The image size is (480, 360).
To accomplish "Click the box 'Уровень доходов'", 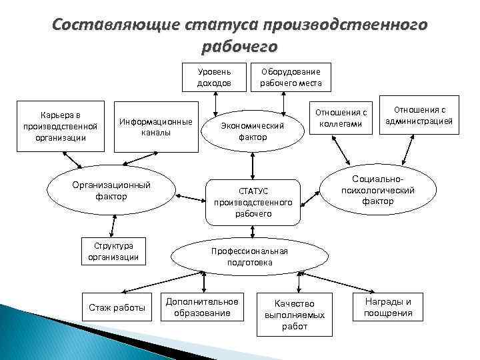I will [x=214, y=77].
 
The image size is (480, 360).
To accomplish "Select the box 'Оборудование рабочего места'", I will [x=291, y=77].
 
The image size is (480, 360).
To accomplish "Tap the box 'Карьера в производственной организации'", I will [x=60, y=122].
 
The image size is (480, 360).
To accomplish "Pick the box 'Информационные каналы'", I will [x=156, y=127].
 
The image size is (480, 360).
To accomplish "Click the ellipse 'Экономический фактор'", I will [x=253, y=130].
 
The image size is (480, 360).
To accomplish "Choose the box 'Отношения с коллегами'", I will [x=341, y=118].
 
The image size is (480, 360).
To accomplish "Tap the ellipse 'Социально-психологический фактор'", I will [x=378, y=190].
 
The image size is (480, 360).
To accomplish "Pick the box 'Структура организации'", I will [x=113, y=251].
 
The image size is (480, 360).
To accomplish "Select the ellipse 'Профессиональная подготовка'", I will [x=249, y=257].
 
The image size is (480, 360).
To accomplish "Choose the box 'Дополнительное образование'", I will [x=202, y=307].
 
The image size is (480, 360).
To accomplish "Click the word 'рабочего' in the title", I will [x=238, y=47].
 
